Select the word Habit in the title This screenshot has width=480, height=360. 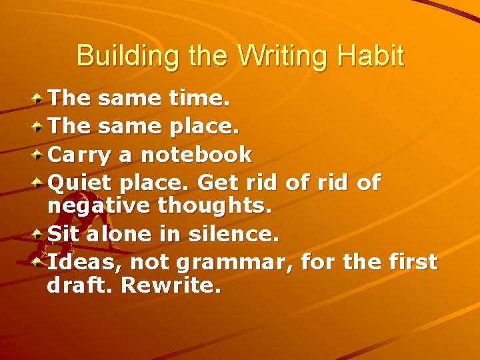[371, 56]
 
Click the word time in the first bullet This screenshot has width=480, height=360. [197, 99]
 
